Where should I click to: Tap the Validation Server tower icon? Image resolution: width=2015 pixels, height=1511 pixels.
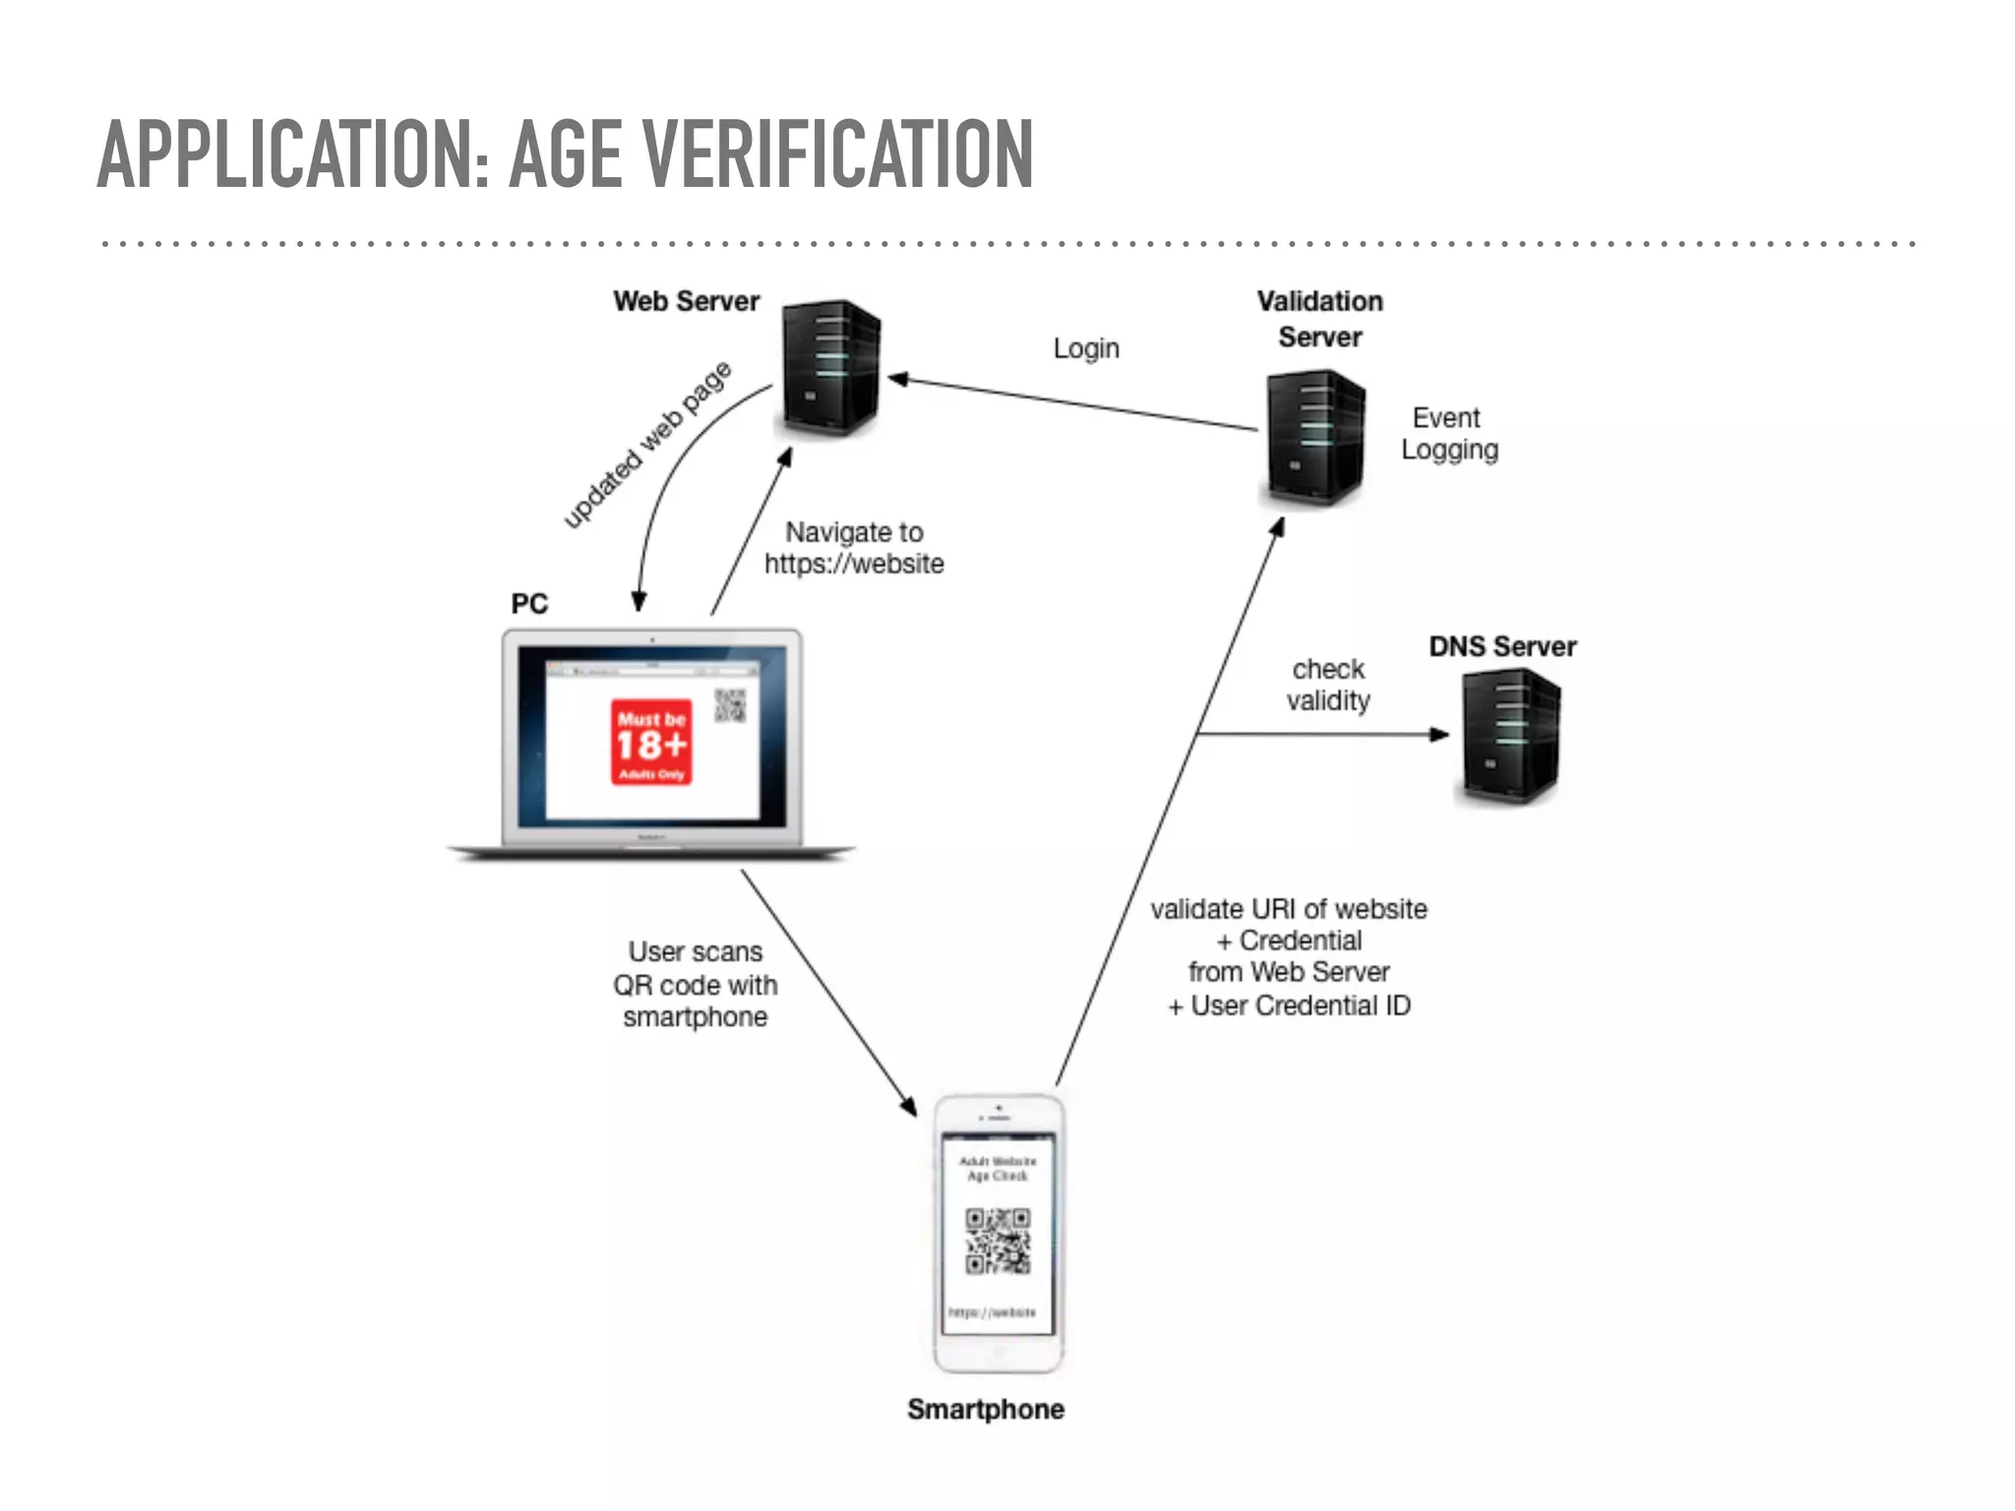point(1315,438)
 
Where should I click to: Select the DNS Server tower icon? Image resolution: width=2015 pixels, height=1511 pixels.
point(1510,736)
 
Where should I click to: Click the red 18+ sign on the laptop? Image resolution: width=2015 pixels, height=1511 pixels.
point(651,743)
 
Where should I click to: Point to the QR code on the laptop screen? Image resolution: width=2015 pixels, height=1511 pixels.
point(730,705)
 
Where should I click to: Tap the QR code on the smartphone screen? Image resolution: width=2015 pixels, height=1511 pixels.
point(998,1241)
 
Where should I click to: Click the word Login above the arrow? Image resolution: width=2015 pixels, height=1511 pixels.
point(1086,348)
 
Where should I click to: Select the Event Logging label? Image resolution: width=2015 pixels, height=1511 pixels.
point(1449,434)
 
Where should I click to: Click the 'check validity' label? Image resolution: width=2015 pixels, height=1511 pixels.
point(1328,685)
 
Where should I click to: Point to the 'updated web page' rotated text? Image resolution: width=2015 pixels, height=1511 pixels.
point(647,445)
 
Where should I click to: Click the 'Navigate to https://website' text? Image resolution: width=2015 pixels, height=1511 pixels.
point(854,548)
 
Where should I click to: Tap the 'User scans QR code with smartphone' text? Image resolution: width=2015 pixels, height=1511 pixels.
point(696,984)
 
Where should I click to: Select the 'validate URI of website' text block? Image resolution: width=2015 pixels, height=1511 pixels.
point(1289,956)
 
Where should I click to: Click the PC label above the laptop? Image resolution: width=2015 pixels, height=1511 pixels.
point(529,603)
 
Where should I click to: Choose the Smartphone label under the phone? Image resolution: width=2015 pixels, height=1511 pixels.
point(985,1409)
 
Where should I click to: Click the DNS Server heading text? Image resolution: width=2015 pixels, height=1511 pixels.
point(1502,646)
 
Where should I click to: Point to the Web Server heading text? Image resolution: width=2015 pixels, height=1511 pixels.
point(686,301)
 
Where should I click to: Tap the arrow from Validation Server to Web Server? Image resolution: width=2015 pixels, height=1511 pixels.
point(1072,403)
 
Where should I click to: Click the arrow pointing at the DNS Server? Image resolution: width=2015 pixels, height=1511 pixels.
point(1323,734)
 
